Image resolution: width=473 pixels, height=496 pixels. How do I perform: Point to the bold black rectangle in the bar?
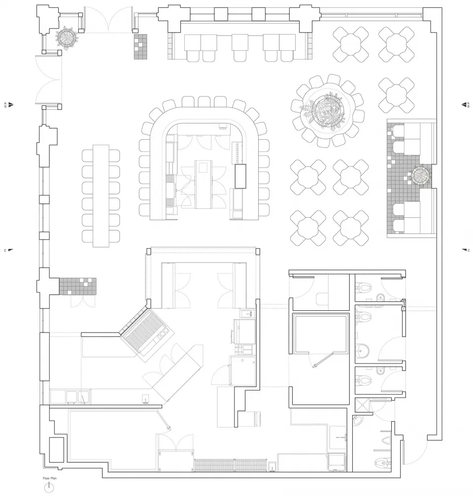240,176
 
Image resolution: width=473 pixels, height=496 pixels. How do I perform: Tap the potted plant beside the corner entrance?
67,36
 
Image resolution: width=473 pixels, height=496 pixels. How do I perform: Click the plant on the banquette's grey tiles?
422,175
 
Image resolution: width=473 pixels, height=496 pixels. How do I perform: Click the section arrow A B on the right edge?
465,104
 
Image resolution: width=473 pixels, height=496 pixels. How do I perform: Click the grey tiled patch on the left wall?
78,286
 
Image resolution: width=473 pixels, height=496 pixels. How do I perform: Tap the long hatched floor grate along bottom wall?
230,465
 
